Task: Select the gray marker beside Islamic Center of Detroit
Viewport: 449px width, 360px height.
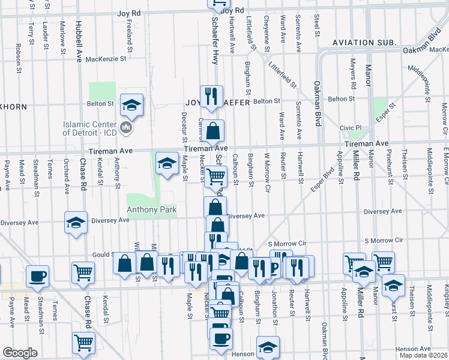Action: pos(125,127)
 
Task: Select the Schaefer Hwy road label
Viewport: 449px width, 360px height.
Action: pos(214,41)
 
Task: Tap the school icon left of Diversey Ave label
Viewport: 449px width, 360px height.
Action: pos(76,223)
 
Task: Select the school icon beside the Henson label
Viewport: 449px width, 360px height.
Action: pos(268,346)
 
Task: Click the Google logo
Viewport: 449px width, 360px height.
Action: pos(20,353)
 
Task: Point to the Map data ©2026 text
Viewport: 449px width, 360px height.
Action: pos(423,356)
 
